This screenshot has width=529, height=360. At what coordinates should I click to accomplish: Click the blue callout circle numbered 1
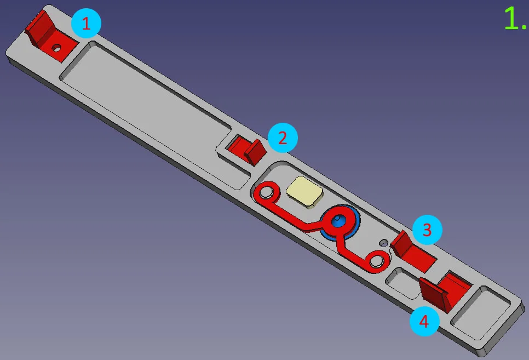(x=86, y=24)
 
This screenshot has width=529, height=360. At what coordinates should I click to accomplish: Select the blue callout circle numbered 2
(x=283, y=138)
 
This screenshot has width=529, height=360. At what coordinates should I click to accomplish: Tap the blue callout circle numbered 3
(x=427, y=230)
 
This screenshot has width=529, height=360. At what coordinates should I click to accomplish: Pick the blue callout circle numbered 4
(x=424, y=321)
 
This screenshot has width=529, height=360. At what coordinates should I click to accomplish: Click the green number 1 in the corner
(x=512, y=19)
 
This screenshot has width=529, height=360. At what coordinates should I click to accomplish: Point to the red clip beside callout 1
(x=50, y=37)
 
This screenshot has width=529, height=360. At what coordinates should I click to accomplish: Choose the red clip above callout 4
(x=445, y=290)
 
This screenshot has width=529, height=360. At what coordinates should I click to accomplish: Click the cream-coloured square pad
(x=304, y=191)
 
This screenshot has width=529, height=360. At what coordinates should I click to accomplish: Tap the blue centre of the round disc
(x=337, y=221)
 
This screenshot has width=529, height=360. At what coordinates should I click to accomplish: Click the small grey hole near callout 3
(x=384, y=243)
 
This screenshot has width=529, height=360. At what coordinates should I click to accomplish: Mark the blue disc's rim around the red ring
(x=357, y=220)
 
